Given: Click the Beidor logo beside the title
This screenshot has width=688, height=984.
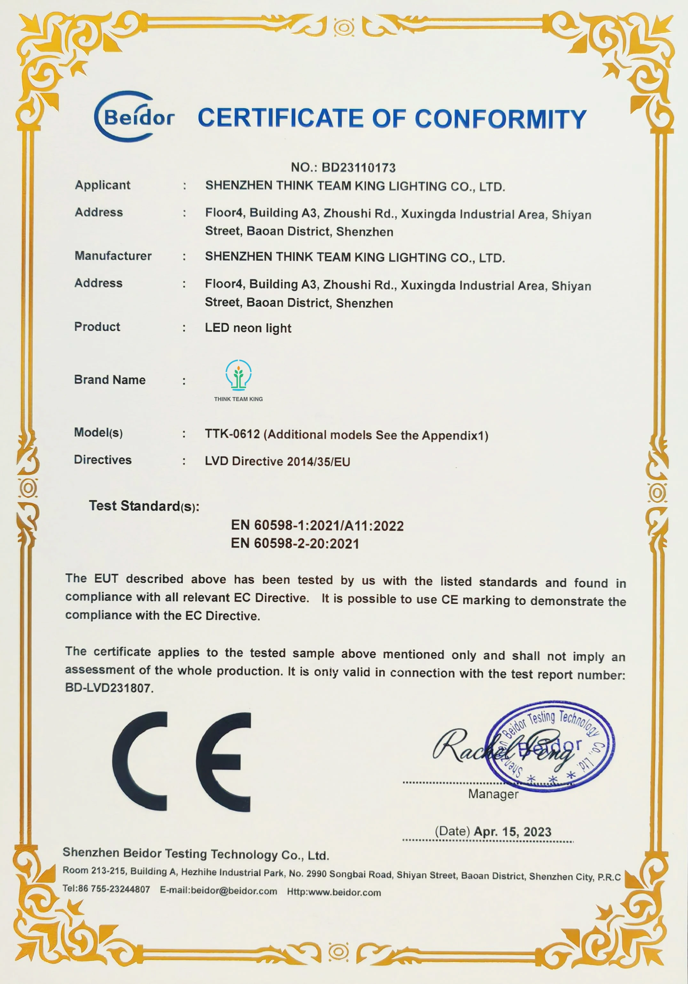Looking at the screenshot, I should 134,116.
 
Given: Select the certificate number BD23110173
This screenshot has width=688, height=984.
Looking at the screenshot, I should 359,168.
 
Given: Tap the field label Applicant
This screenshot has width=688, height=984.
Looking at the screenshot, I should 102,185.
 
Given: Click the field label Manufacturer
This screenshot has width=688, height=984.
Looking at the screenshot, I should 113,256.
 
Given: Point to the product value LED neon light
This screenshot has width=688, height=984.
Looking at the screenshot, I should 248,328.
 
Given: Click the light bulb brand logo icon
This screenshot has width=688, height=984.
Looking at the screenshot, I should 238,375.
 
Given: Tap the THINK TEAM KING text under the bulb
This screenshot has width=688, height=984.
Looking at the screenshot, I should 238,399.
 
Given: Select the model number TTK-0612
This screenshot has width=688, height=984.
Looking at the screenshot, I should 232,434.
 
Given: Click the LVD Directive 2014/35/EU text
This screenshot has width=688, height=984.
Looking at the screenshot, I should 277,462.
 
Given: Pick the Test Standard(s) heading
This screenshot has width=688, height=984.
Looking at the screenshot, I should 144,506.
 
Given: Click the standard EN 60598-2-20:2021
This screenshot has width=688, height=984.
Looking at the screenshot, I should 295,544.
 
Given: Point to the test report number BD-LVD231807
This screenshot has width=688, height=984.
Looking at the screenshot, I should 108,688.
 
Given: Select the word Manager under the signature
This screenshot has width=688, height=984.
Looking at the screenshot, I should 493,794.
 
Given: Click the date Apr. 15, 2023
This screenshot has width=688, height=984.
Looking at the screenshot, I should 512,832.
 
